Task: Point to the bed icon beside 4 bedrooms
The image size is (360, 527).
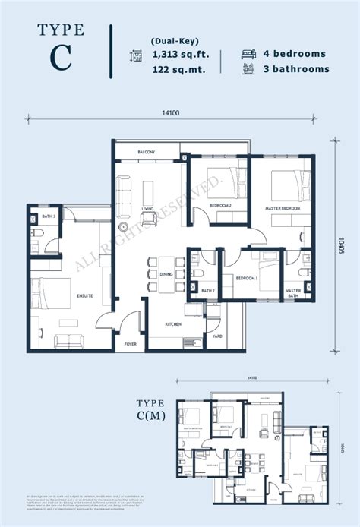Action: (x=249, y=54)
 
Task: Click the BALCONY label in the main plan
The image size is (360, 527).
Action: (x=147, y=153)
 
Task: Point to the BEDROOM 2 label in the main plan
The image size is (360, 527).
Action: (x=220, y=205)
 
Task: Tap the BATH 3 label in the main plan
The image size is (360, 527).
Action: (x=49, y=217)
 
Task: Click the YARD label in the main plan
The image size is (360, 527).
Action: (x=216, y=333)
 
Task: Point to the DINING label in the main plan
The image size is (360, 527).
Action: (x=166, y=274)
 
